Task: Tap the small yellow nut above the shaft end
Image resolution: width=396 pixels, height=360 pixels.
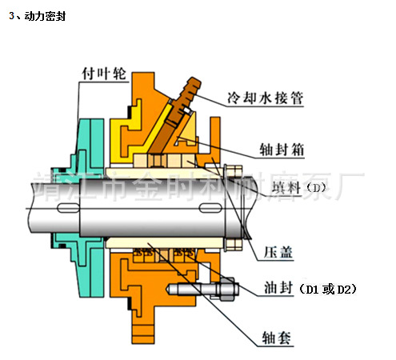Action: coord(233,169)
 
